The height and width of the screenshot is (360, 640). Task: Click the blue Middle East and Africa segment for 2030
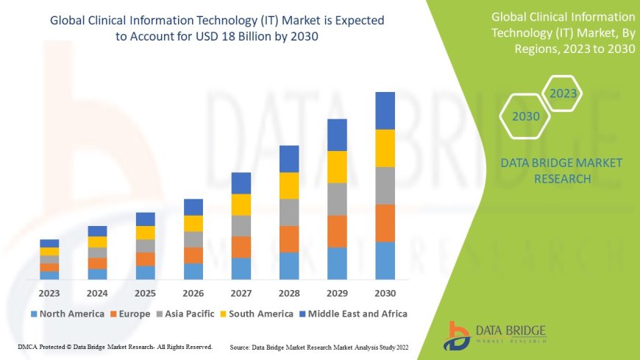pyautogui.click(x=385, y=110)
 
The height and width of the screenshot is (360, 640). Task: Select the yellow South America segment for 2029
pyautogui.click(x=337, y=166)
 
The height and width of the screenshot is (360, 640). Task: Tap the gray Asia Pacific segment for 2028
pyautogui.click(x=289, y=212)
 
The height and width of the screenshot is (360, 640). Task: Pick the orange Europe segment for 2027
pyautogui.click(x=241, y=247)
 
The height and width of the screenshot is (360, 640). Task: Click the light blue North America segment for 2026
pyautogui.click(x=193, y=271)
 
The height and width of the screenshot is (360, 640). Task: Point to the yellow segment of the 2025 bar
pyautogui.click(x=146, y=233)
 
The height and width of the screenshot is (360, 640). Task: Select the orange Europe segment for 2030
pyautogui.click(x=385, y=223)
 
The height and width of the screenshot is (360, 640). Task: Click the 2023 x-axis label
pyautogui.click(x=49, y=292)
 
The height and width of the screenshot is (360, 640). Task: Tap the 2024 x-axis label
pyautogui.click(x=97, y=292)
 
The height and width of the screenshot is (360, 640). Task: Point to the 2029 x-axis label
pyautogui.click(x=337, y=292)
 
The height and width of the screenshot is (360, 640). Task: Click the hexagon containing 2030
pyautogui.click(x=526, y=116)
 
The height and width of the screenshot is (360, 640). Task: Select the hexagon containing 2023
pyautogui.click(x=563, y=93)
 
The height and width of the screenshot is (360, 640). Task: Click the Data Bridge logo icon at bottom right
pyautogui.click(x=458, y=334)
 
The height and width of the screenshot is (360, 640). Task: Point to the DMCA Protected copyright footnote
pyautogui.click(x=115, y=346)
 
